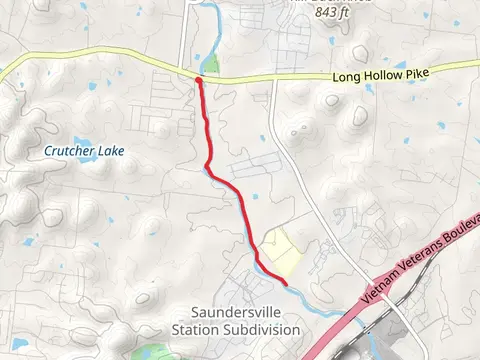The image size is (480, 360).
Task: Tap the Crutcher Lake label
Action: [83, 151]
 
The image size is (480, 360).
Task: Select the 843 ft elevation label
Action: [339, 13]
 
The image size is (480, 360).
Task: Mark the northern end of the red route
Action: [199, 79]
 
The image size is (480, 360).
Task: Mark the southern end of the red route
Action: [287, 284]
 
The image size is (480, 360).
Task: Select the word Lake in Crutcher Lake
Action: [109, 151]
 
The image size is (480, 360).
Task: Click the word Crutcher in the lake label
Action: [69, 151]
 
